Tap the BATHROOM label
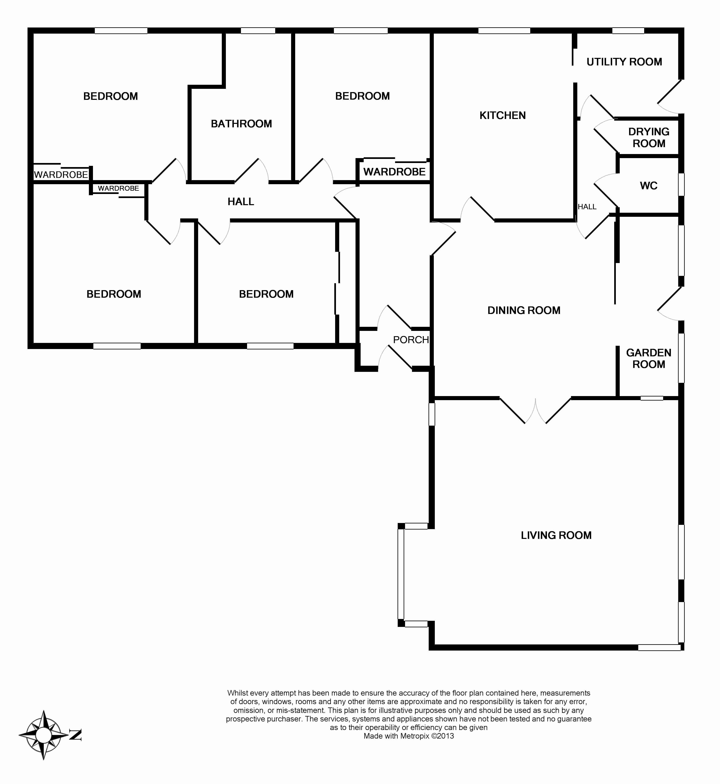241,124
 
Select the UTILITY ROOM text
624,62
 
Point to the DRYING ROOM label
649,138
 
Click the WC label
649,186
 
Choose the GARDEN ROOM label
649,358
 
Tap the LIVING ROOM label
556,535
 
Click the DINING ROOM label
524,311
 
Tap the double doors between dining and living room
535,411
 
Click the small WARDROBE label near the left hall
118,188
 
